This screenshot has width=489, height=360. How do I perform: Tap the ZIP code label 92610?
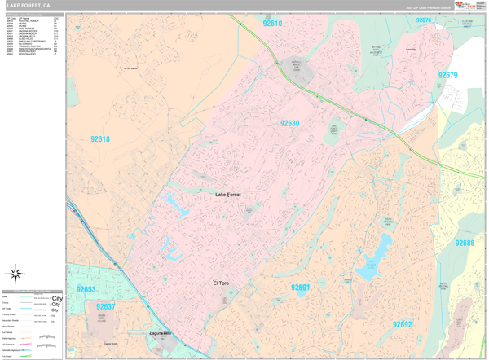[272, 24]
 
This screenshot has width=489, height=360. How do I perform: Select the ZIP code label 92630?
[290, 124]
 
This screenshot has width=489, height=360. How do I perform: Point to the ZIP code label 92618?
[99, 139]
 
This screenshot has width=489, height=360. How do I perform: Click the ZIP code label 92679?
[447, 75]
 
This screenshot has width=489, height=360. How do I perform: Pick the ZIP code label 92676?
[424, 20]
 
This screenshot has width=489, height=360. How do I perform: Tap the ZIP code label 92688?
[465, 243]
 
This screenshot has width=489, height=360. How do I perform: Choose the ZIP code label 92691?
[300, 288]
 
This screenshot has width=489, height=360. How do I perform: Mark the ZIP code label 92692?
[402, 324]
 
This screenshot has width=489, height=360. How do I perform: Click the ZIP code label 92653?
[86, 289]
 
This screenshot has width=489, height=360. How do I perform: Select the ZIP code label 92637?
[105, 307]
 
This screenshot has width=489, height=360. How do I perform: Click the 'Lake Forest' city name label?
[228, 195]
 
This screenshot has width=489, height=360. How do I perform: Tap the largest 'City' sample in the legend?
[55, 298]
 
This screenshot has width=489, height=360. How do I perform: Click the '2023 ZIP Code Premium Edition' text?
[427, 7]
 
